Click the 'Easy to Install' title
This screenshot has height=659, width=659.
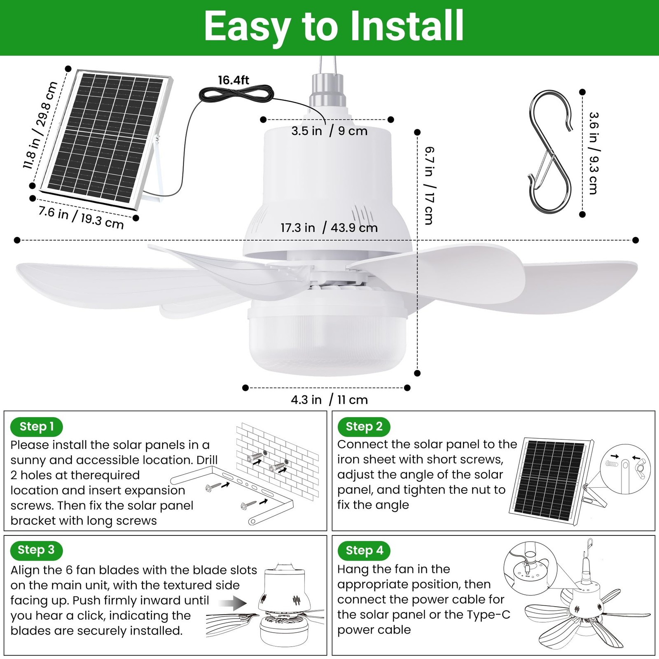334,26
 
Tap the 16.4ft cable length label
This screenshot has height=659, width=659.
234,80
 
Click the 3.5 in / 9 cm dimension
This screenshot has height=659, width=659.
329,131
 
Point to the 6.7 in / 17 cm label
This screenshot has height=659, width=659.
429,186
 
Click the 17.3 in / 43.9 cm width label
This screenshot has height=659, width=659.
329,228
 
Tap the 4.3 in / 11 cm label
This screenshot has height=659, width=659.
329,400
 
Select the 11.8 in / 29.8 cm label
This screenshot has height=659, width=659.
40,125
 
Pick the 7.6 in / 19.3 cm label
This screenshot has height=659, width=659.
81,217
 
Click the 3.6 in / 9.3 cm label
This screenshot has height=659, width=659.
594,153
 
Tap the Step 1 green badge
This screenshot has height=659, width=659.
36,427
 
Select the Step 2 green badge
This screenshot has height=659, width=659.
364,427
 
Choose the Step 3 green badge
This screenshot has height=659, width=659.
36,550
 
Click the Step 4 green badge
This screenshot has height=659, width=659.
364,550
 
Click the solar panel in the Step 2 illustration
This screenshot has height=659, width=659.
551,480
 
